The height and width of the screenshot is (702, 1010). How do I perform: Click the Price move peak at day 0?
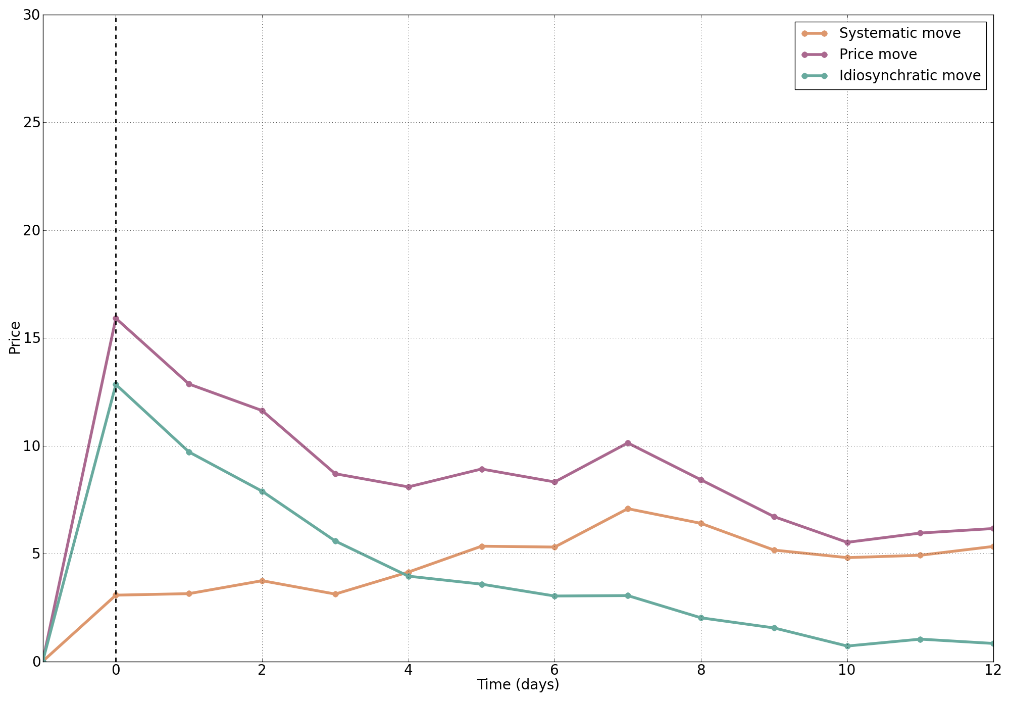tap(116, 319)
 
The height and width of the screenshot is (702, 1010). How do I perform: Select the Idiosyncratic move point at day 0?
tap(116, 385)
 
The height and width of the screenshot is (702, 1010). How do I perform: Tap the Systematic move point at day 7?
tap(628, 509)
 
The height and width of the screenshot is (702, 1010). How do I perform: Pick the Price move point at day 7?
tap(628, 443)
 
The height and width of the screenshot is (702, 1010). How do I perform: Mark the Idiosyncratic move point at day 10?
tap(847, 646)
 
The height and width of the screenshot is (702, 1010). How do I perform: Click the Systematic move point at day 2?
tap(262, 581)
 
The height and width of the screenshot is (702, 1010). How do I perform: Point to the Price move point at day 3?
tap(335, 474)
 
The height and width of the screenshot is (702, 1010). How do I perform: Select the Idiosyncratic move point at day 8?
tap(701, 618)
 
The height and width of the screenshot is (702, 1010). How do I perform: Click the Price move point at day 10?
tap(847, 542)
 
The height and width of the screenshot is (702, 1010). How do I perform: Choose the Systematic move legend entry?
tap(899, 33)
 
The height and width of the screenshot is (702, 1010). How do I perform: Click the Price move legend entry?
tap(878, 55)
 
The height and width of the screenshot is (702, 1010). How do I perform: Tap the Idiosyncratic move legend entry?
tap(910, 76)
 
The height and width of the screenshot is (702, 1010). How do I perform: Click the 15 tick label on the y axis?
tap(31, 338)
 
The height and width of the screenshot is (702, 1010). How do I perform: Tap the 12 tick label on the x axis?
tap(993, 671)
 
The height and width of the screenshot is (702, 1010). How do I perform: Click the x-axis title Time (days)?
tap(518, 685)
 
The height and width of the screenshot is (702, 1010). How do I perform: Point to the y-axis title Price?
tap(15, 338)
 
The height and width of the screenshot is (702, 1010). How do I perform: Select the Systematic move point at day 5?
tap(482, 546)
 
